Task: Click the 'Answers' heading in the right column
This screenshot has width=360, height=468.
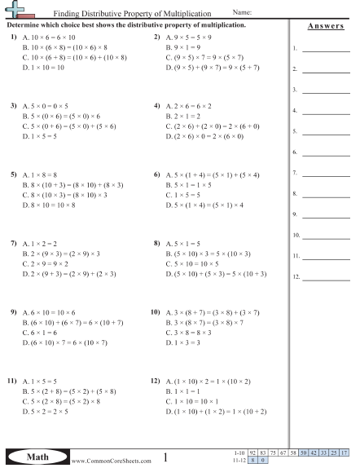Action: point(325,26)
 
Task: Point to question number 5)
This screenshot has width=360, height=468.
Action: point(13,175)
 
